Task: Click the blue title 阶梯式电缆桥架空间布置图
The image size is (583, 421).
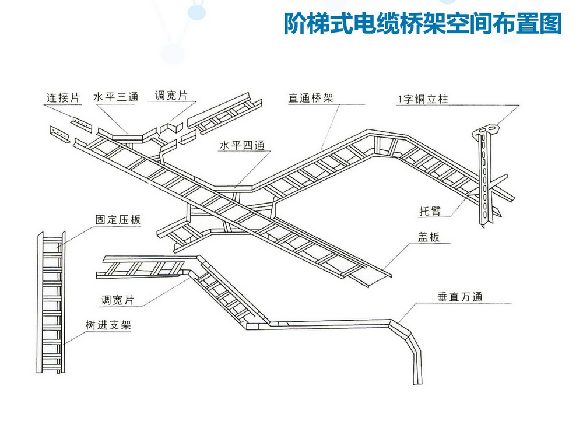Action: pyautogui.click(x=423, y=24)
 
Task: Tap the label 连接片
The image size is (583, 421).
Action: pyautogui.click(x=63, y=98)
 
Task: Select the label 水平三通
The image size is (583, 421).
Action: pyautogui.click(x=116, y=97)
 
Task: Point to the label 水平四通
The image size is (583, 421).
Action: pyautogui.click(x=242, y=145)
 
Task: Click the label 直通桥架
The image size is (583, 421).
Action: pyautogui.click(x=311, y=98)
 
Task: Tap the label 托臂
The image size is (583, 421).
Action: pyautogui.click(x=430, y=211)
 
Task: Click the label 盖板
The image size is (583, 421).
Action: pyautogui.click(x=429, y=237)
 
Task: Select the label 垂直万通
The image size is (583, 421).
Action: pyautogui.click(x=461, y=297)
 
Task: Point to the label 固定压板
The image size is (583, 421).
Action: pyautogui.click(x=118, y=219)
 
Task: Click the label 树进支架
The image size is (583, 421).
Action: pyautogui.click(x=108, y=325)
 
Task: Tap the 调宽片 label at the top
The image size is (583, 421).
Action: pyautogui.click(x=171, y=95)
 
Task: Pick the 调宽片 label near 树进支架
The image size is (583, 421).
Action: pyautogui.click(x=118, y=300)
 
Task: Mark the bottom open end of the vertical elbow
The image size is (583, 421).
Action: pyautogui.click(x=417, y=381)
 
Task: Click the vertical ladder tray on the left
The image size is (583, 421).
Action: pyautogui.click(x=51, y=302)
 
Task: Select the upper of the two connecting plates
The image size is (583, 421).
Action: pyautogui.click(x=82, y=124)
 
